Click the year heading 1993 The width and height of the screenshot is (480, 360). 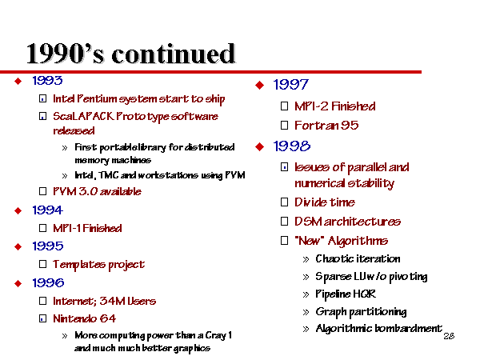(47, 81)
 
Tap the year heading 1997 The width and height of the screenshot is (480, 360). (291, 85)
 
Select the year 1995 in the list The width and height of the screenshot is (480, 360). (48, 246)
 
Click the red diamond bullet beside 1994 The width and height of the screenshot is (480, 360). (18, 210)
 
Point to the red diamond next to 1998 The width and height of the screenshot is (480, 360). (259, 146)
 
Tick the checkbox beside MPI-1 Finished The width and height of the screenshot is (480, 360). (43, 228)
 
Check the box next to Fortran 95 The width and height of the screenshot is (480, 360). (284, 126)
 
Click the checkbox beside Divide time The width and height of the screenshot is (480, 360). (284, 202)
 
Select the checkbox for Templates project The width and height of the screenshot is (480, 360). (43, 264)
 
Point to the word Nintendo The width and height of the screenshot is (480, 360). (74, 318)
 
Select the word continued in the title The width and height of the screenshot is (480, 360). (174, 54)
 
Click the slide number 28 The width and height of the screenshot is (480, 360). (449, 336)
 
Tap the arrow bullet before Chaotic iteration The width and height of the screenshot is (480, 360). (306, 260)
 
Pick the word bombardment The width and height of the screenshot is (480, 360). (409, 329)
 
